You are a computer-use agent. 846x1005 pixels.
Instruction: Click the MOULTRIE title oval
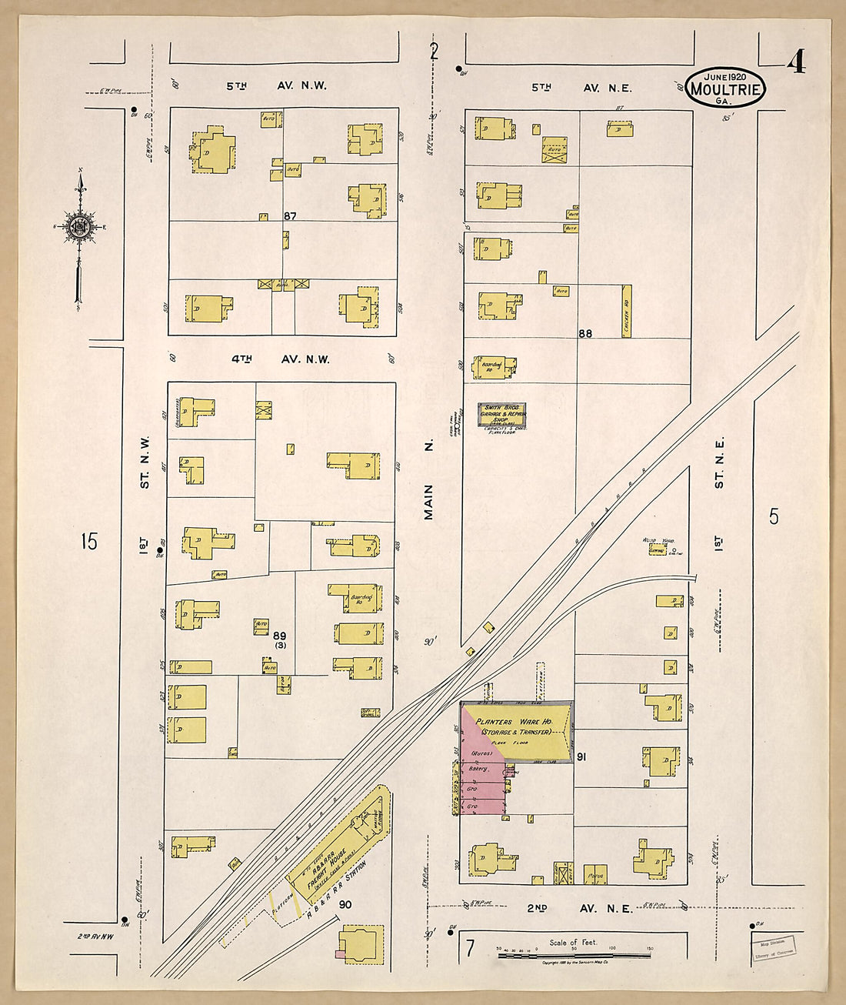[x=725, y=88]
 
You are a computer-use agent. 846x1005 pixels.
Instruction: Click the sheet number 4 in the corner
[x=796, y=62]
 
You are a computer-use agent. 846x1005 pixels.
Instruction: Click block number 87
[x=289, y=216]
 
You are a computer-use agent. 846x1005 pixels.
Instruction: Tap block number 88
[x=585, y=333]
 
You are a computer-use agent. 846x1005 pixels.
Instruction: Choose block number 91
[x=581, y=757]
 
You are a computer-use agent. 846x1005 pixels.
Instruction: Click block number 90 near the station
[x=345, y=904]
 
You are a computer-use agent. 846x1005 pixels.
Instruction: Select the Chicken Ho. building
[x=626, y=311]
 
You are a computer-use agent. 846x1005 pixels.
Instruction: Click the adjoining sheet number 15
[x=89, y=541]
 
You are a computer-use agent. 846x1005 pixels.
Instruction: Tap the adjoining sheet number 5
[x=774, y=516]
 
